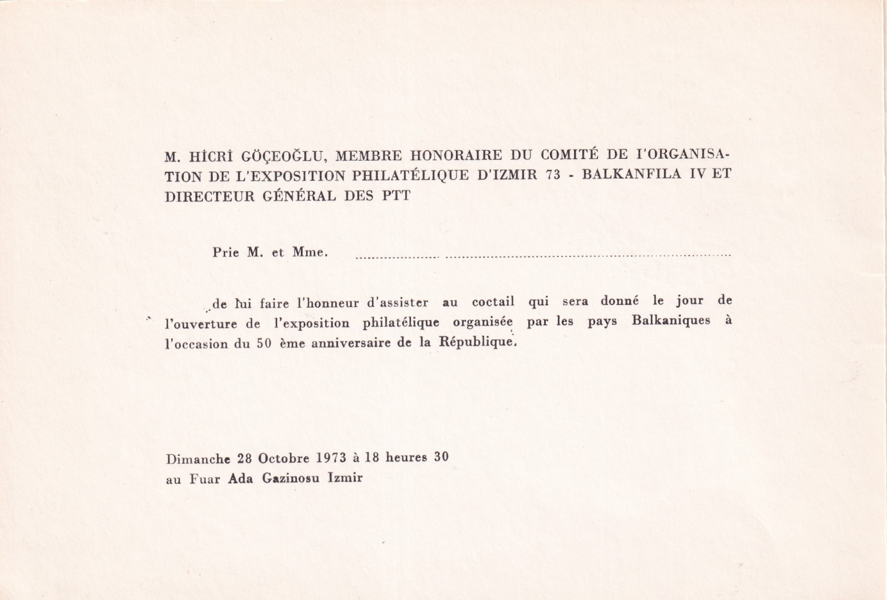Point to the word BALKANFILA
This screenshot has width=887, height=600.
pos(633,175)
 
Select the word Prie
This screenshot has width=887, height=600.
pos(226,253)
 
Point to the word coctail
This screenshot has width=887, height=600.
pos(493,302)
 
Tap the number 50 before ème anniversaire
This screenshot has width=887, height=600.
pos(264,344)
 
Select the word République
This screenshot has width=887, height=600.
pos(477,342)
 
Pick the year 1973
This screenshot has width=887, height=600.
pos(331,458)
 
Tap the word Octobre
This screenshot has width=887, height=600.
pos(283,458)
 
